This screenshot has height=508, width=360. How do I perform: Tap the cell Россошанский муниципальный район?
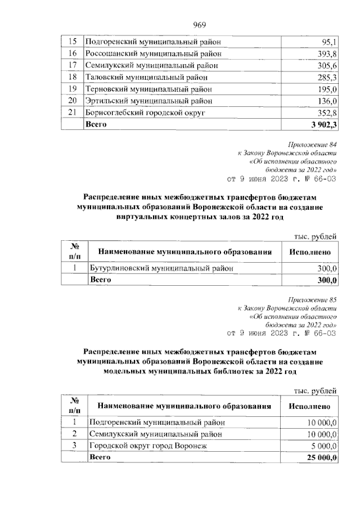(x=153, y=53)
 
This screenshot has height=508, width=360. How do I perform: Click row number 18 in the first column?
(x=71, y=77)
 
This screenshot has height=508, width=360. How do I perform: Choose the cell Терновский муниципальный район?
(x=149, y=89)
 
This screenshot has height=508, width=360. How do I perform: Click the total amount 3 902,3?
(x=323, y=124)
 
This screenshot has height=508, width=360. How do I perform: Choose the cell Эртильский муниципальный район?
(x=149, y=101)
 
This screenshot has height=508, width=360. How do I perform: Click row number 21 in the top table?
(x=71, y=113)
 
